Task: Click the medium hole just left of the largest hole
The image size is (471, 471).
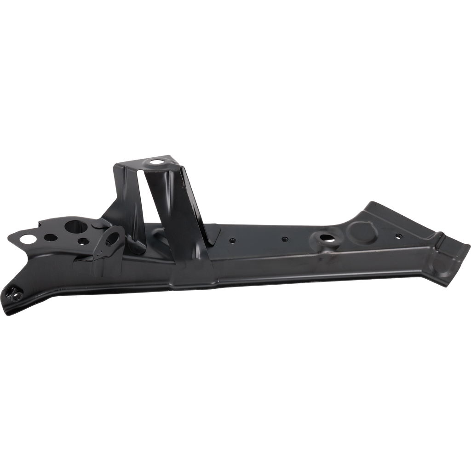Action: tap(49, 238)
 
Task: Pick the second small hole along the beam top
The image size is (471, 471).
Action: tap(285, 239)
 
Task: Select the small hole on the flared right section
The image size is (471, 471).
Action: tap(398, 236)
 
